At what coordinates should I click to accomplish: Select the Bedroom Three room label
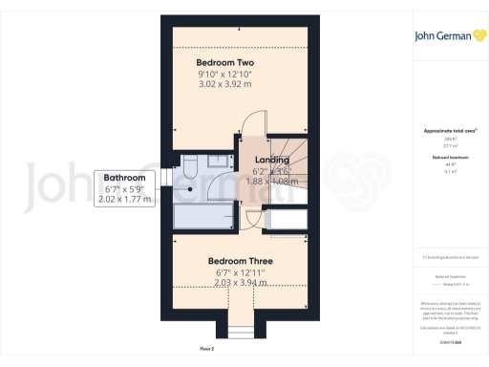[x=240, y=261]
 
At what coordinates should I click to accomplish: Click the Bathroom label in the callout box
[x=124, y=178]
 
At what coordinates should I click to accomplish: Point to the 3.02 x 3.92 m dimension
[x=225, y=85]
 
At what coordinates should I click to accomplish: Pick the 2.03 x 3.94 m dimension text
[x=240, y=282]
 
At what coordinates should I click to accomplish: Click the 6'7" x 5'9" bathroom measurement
[x=124, y=189]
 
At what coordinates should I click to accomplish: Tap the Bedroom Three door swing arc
[x=251, y=220]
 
